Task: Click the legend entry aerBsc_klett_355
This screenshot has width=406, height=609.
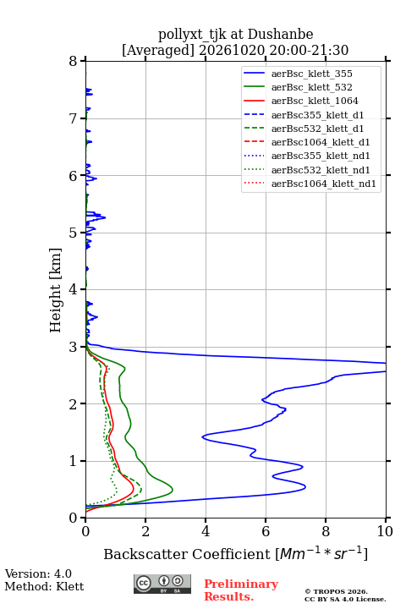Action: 311,74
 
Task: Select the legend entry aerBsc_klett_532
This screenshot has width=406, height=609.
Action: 311,87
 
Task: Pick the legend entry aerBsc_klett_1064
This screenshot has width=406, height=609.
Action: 315,101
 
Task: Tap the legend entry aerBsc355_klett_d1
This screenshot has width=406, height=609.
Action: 317,115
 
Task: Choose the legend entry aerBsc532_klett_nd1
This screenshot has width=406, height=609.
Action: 321,170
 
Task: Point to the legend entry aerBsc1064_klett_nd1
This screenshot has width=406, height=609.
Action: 324,184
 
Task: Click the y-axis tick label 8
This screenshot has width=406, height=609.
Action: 73,62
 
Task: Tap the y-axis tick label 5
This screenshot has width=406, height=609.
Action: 73,233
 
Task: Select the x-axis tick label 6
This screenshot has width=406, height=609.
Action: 266,531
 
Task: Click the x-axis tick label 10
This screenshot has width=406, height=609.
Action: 385,531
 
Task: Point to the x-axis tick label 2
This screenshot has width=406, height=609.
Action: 145,531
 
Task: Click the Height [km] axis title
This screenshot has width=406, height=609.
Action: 56,290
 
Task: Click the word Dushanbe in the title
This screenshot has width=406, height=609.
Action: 280,35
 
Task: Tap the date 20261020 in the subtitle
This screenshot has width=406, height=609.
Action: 232,51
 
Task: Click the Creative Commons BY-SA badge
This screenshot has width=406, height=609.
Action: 162,584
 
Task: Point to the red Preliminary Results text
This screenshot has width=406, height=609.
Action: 241,590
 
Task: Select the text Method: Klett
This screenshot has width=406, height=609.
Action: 44,586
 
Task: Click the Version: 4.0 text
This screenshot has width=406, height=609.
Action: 38,574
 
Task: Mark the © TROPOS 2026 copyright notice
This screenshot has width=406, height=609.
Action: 336,591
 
